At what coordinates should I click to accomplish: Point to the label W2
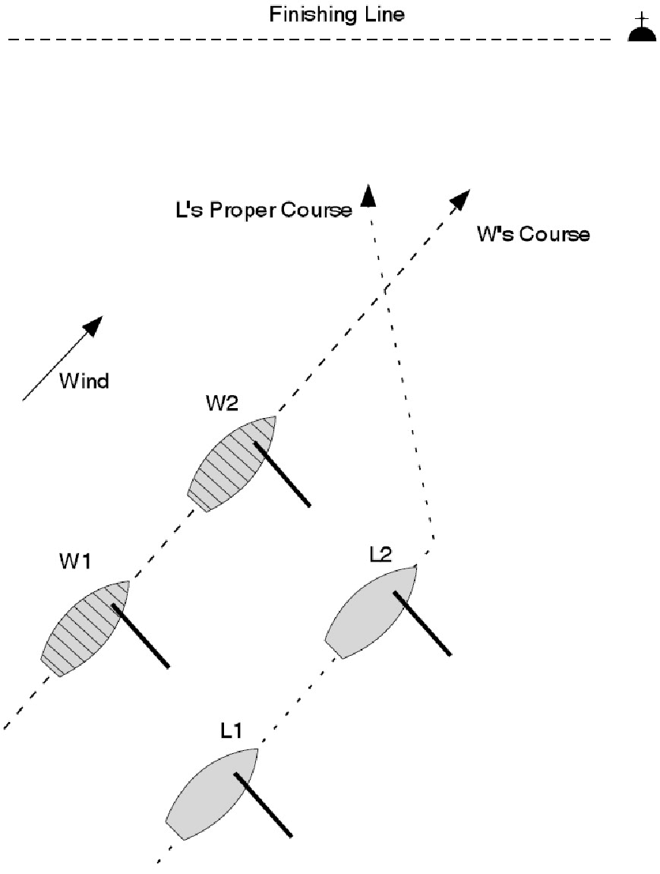(223, 404)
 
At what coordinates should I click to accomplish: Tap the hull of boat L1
(209, 796)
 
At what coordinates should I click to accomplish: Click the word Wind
(84, 380)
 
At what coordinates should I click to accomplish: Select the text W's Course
(532, 233)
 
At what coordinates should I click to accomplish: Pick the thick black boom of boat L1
(263, 806)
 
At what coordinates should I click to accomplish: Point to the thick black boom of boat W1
(141, 636)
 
